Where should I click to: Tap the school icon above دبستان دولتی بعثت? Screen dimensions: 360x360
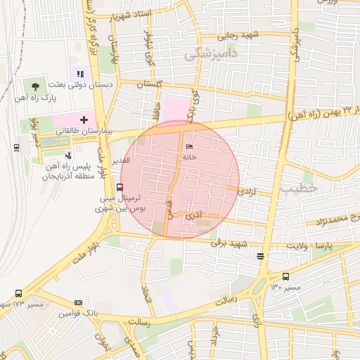[x=79, y=74]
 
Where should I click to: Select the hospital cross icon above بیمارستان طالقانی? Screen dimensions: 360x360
[x=84, y=121]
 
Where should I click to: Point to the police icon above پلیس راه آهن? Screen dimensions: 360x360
[x=68, y=155]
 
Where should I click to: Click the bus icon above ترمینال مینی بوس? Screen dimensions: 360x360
[x=120, y=188]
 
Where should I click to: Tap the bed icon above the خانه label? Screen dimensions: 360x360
[x=188, y=147]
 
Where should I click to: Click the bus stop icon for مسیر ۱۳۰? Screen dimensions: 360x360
[x=285, y=276]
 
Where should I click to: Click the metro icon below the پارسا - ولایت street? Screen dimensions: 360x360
[x=261, y=256]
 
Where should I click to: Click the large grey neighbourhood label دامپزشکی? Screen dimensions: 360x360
[x=210, y=53]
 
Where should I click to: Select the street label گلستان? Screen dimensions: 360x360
[x=148, y=84]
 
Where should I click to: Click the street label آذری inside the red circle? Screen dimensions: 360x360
[x=193, y=217]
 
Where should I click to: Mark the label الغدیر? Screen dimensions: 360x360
[x=121, y=161]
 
